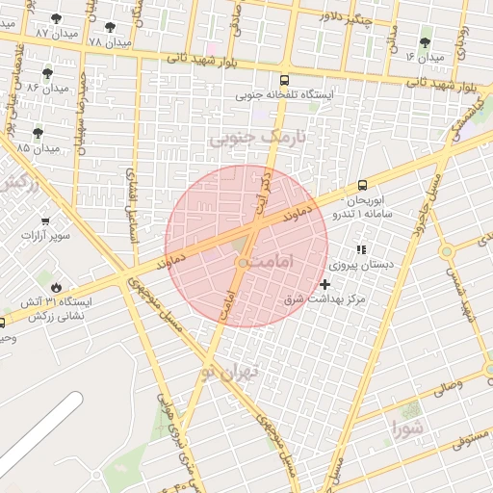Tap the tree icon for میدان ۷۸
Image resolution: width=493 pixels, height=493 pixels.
pos(111,28)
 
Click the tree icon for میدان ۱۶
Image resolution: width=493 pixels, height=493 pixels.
pos(426,42)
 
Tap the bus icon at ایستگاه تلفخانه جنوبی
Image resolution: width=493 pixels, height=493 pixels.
pos(283,81)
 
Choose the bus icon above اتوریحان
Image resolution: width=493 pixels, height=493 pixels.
pos(362,184)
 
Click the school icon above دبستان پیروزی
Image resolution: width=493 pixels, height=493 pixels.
pos(361,249)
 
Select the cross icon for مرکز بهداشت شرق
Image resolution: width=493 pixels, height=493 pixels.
pos(324,284)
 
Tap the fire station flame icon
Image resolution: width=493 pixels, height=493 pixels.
pos(55,287)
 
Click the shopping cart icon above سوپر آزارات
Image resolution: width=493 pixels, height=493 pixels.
pos(42,221)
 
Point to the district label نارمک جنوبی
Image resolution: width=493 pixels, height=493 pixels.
pos(248,139)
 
